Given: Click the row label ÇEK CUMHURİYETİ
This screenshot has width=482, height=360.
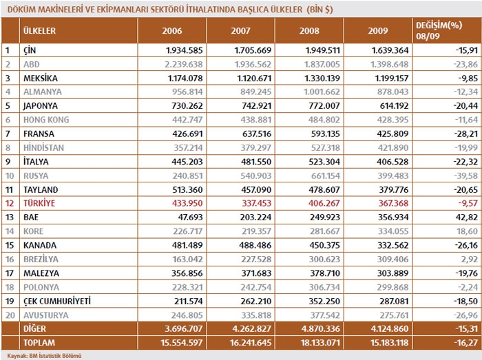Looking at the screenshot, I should pos(58,301).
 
